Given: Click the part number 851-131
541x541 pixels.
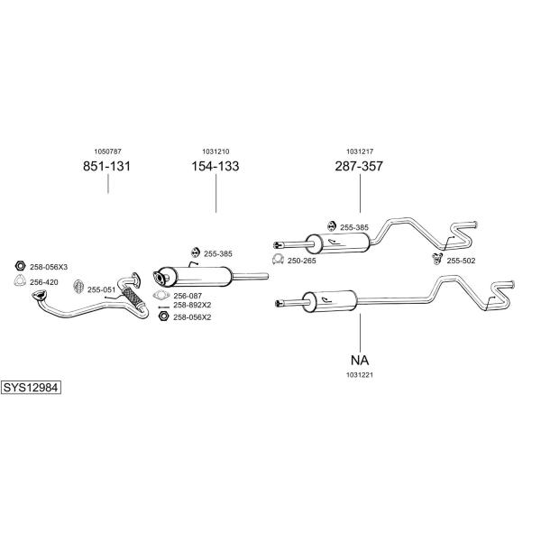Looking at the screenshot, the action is tap(106, 166).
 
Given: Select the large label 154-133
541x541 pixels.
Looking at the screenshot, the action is tap(215, 166).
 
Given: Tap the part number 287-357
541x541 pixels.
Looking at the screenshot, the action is tap(359, 166).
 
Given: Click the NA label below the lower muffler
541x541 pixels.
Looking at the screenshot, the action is tap(360, 360).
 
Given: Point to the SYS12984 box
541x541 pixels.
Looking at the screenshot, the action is tap(31, 388).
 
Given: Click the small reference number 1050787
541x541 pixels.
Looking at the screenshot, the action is tap(107, 151).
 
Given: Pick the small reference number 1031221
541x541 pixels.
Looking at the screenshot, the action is tap(360, 375).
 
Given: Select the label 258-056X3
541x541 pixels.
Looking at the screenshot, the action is tap(49, 267).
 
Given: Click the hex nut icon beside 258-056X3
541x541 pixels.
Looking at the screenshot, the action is tap(21, 266).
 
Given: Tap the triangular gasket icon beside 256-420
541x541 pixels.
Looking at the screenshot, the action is tap(20, 280).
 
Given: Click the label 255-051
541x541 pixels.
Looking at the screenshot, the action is tap(101, 289).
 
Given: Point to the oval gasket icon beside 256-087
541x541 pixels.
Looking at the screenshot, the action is tap(161, 295).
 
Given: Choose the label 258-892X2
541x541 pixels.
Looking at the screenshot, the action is tap(192, 305).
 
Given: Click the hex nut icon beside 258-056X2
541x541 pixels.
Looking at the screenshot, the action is tap(163, 316).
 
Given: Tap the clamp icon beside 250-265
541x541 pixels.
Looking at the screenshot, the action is tap(278, 259).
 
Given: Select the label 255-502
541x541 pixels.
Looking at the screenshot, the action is tap(461, 261).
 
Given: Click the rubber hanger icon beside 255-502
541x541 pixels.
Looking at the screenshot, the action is tap(437, 259).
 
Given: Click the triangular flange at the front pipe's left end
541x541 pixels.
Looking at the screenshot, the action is tap(40, 296).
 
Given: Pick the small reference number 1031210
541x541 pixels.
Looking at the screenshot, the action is tap(215, 151).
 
